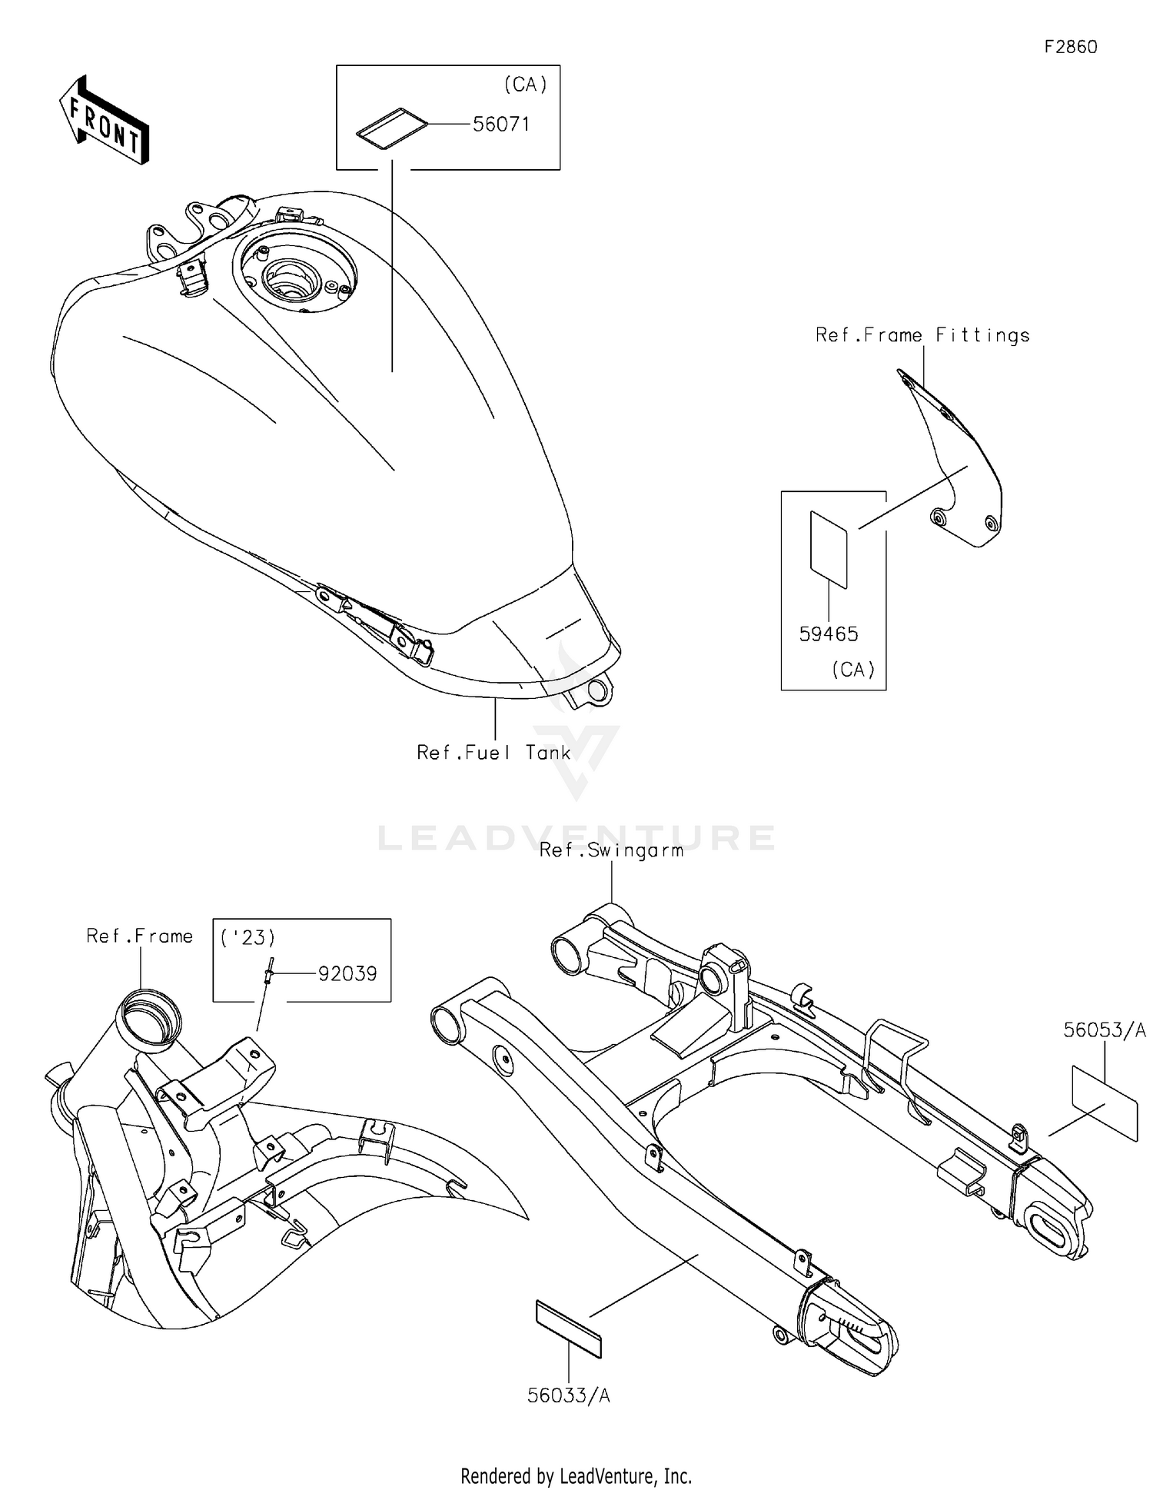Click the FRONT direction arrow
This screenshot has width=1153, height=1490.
(105, 120)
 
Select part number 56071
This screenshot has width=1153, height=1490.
(501, 124)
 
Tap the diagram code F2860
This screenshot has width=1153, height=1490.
(1071, 47)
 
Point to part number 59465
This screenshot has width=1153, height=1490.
(829, 634)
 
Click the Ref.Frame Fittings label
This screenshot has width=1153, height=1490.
(922, 335)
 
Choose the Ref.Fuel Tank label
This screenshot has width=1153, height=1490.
(493, 752)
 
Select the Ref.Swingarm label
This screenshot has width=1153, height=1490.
(611, 850)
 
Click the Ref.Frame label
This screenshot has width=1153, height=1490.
(139, 936)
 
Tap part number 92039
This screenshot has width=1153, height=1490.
(347, 973)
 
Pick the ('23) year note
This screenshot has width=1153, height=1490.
(248, 938)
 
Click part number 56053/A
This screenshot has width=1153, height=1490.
(1105, 1030)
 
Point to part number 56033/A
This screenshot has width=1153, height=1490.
(569, 1395)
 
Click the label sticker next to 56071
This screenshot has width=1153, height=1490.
(392, 125)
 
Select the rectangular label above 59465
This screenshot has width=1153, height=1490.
(829, 550)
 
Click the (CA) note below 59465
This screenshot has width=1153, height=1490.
(853, 670)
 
